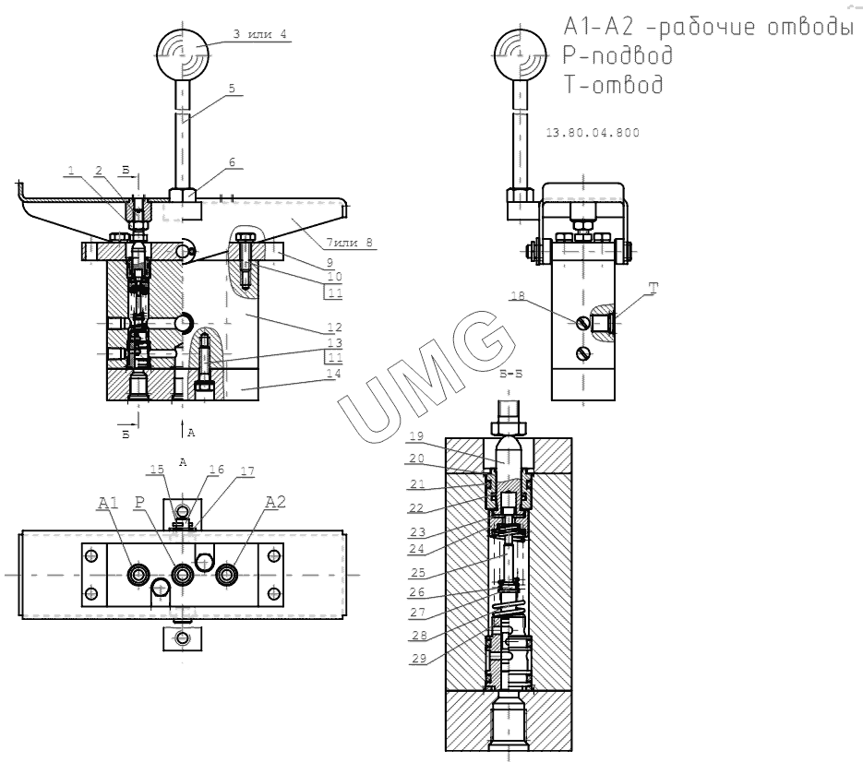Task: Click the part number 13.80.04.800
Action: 593,133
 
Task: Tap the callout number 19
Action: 416,435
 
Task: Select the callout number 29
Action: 419,658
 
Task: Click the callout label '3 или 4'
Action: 259,34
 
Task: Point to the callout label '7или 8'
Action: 349,242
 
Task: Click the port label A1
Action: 108,503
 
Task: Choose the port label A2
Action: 276,502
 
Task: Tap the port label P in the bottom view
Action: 139,502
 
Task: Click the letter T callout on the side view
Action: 653,289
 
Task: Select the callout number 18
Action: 518,296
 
